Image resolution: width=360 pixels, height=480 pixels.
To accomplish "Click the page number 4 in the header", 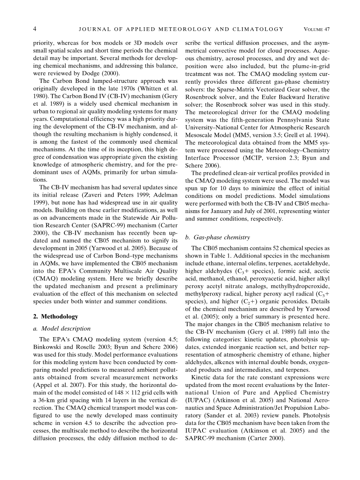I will tap(35, 29).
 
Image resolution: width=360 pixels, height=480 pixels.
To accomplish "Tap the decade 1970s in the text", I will tap(127, 89).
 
